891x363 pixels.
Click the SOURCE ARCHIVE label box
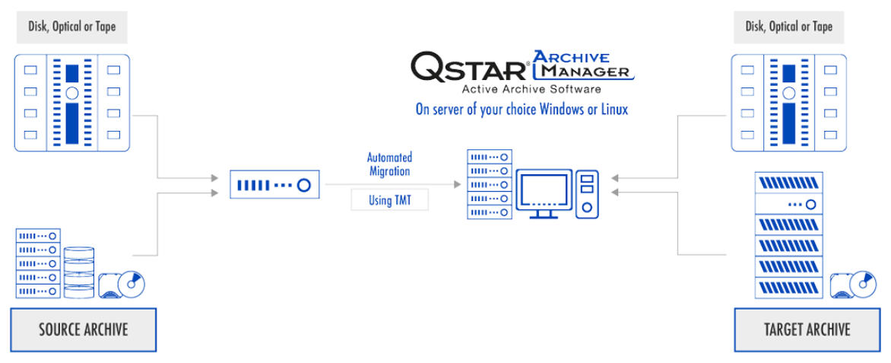[83, 330]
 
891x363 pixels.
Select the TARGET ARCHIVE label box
[806, 330]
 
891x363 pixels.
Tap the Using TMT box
[389, 200]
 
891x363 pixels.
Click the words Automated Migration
[389, 164]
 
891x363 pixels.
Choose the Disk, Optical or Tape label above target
[788, 27]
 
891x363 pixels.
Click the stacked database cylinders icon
[79, 272]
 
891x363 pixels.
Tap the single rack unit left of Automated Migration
[274, 185]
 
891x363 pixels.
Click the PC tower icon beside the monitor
[586, 193]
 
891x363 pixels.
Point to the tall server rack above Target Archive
[788, 234]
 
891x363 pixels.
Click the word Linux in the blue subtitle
[613, 109]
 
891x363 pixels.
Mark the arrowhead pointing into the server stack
[458, 184]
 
